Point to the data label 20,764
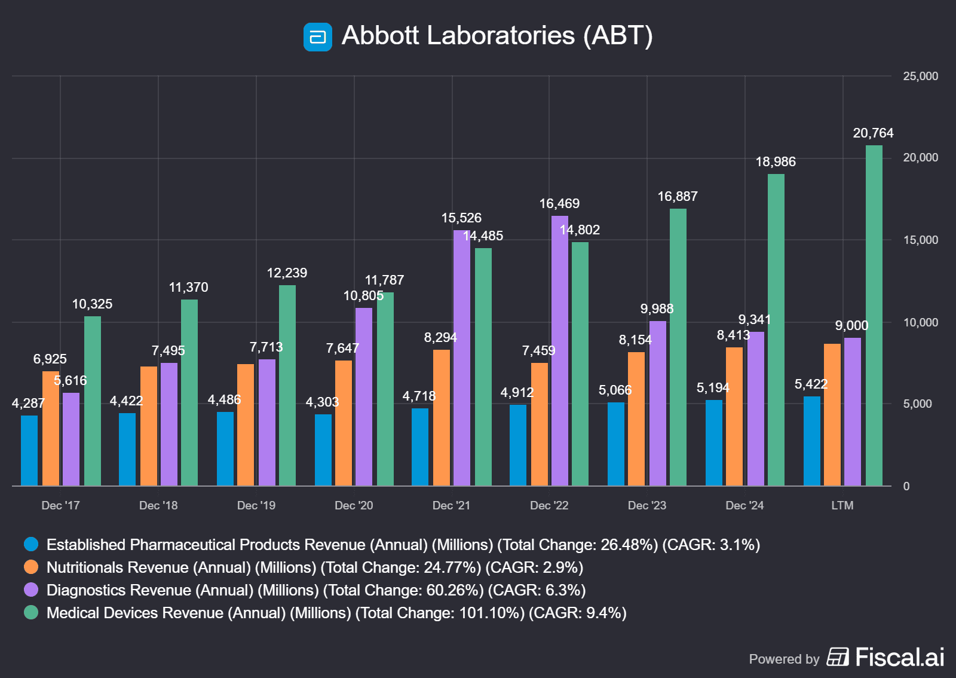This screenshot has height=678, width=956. [873, 133]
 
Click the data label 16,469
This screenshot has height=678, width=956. [559, 204]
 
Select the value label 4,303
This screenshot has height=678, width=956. [322, 402]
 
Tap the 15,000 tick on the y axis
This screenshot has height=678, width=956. [920, 240]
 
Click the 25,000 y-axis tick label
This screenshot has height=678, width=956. [920, 77]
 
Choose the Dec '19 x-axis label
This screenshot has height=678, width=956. [256, 506]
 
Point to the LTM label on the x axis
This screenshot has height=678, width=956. [842, 506]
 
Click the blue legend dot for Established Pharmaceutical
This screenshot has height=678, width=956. [31, 544]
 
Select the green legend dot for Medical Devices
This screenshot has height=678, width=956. [31, 612]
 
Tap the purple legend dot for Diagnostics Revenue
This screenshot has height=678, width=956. [31, 590]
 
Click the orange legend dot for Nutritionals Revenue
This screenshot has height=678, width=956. [31, 567]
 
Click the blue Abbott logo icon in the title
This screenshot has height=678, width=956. [318, 37]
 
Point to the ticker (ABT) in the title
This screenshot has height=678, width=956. [618, 36]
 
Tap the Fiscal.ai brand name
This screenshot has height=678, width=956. [899, 657]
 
